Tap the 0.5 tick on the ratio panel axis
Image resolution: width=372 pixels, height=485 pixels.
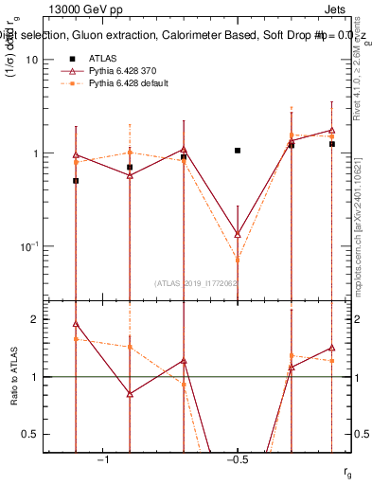(x=31, y=434)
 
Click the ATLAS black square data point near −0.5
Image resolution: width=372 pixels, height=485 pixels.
(x=238, y=151)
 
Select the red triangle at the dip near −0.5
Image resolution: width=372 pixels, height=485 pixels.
(x=238, y=233)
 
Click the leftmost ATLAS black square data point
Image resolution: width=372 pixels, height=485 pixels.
(x=76, y=180)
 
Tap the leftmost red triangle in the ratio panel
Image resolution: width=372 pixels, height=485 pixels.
(x=76, y=324)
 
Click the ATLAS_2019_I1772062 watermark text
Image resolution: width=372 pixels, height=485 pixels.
(x=197, y=282)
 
